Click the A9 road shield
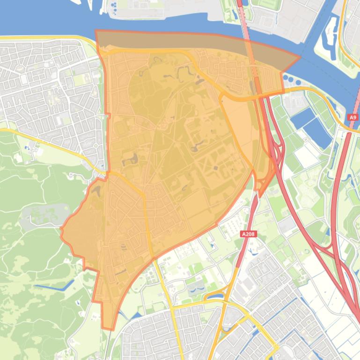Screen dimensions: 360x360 pos(353,118)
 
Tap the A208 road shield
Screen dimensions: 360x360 pos(250,234)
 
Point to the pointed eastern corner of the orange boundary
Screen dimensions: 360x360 pos(300,58)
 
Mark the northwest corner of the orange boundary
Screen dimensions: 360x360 pos(96,31)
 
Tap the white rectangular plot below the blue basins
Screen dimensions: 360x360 pos(307,157)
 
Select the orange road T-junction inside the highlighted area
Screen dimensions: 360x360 pos(221,96)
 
